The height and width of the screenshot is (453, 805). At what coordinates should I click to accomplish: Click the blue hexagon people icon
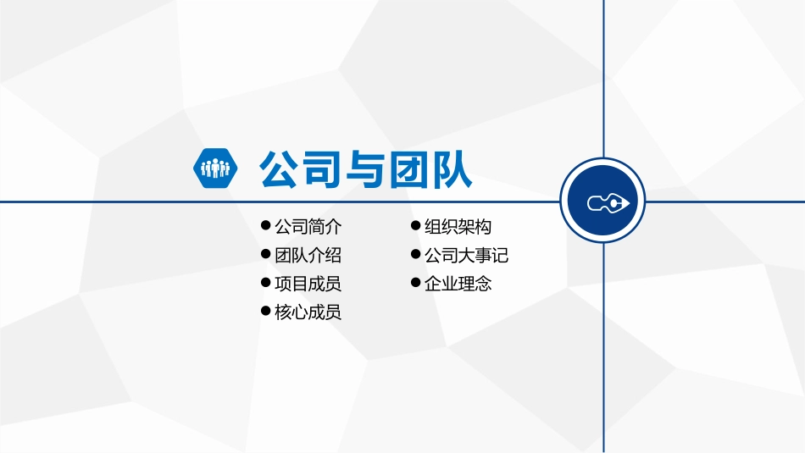(x=214, y=168)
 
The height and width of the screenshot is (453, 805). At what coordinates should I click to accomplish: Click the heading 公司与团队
(x=365, y=169)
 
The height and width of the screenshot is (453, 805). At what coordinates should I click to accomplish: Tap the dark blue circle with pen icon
(x=603, y=202)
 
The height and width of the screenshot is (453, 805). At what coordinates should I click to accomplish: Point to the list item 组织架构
(x=458, y=227)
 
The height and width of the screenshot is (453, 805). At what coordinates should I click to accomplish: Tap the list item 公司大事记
(x=466, y=256)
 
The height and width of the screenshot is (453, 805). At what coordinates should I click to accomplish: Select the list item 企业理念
(x=458, y=284)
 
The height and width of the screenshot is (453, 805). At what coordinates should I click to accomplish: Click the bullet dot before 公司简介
(x=266, y=226)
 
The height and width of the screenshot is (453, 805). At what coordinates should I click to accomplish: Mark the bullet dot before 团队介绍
(x=266, y=254)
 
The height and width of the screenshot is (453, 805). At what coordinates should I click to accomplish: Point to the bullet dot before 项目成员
(x=266, y=283)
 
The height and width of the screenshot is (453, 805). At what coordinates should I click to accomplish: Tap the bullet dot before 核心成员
(x=266, y=312)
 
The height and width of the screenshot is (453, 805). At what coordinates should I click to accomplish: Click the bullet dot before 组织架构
(x=415, y=226)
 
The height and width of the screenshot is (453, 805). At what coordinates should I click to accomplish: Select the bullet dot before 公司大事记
(x=415, y=254)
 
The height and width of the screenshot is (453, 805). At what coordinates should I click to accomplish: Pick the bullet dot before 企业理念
(x=415, y=283)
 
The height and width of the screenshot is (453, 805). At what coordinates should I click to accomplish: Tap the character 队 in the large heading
(x=450, y=169)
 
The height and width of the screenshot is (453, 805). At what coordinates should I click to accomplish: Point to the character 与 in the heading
(x=365, y=169)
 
